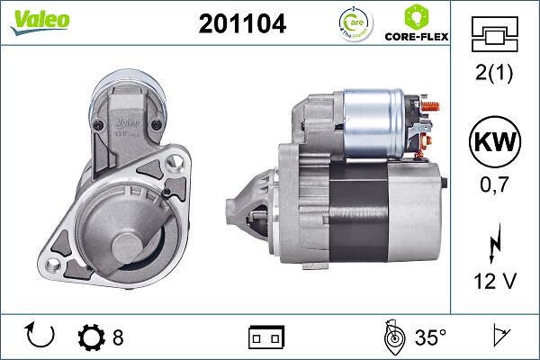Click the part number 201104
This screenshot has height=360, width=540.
(x=241, y=24)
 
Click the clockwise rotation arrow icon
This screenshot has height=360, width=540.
(x=41, y=337)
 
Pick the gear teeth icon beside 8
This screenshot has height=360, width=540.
(x=92, y=337)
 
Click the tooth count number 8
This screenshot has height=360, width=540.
(x=118, y=337)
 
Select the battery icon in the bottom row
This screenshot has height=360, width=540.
(x=265, y=337)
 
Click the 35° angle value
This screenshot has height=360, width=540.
(x=430, y=337)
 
